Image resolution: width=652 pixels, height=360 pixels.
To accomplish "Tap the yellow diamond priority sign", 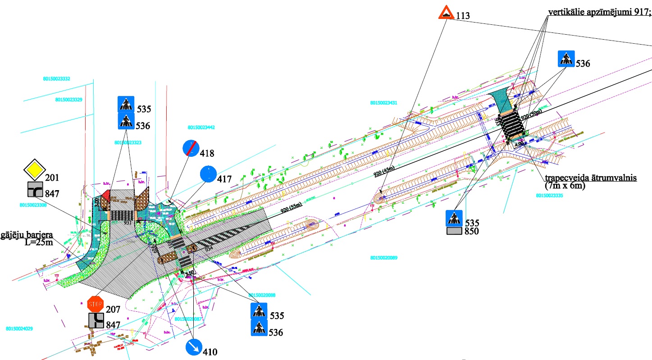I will click(35, 169).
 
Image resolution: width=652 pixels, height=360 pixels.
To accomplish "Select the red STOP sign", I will click(96, 304).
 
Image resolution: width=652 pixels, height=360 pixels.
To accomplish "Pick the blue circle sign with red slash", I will click(190, 148).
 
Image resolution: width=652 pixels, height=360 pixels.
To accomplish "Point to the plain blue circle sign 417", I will click(208, 174).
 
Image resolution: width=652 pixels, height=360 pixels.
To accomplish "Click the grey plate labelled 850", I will click(455, 232).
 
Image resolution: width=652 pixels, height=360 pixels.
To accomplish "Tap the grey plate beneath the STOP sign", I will click(96, 321).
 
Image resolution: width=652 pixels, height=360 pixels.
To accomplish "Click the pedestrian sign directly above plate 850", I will click(454, 218).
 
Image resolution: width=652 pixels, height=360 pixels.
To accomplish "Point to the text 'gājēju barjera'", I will click(27, 235).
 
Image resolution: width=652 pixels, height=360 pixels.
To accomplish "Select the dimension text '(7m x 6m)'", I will click(564, 185).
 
